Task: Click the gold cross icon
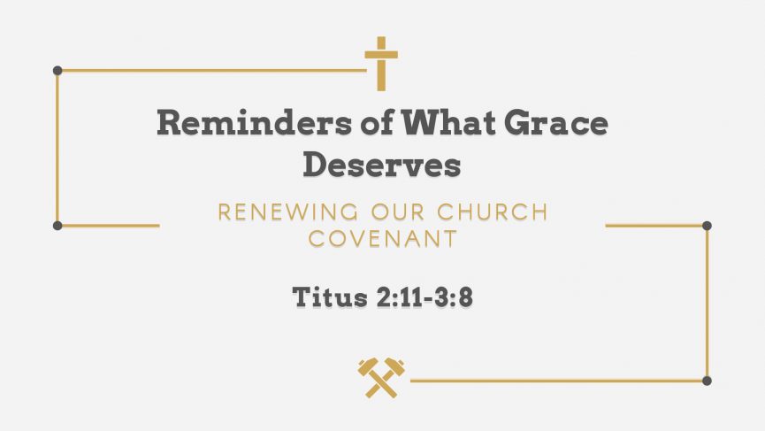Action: click(x=381, y=64)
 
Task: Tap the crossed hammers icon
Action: click(x=381, y=378)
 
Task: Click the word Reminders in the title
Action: click(x=254, y=122)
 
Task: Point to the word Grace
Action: click(x=556, y=122)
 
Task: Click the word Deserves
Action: click(x=382, y=165)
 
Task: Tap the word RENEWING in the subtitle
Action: click(x=287, y=212)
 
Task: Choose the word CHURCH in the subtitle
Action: click(x=493, y=212)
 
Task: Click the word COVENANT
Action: click(x=383, y=239)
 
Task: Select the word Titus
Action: click(x=330, y=296)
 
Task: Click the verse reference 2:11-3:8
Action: click(x=425, y=297)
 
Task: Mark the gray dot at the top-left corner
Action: click(x=57, y=71)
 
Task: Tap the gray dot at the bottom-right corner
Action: click(x=707, y=381)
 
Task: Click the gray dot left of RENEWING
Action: click(x=57, y=226)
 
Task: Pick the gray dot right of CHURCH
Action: click(x=707, y=226)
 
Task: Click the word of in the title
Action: click(x=377, y=122)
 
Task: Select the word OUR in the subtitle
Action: click(x=398, y=212)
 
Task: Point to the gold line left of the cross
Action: click(x=212, y=71)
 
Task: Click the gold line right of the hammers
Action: click(x=559, y=381)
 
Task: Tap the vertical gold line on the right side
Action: click(x=707, y=303)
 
